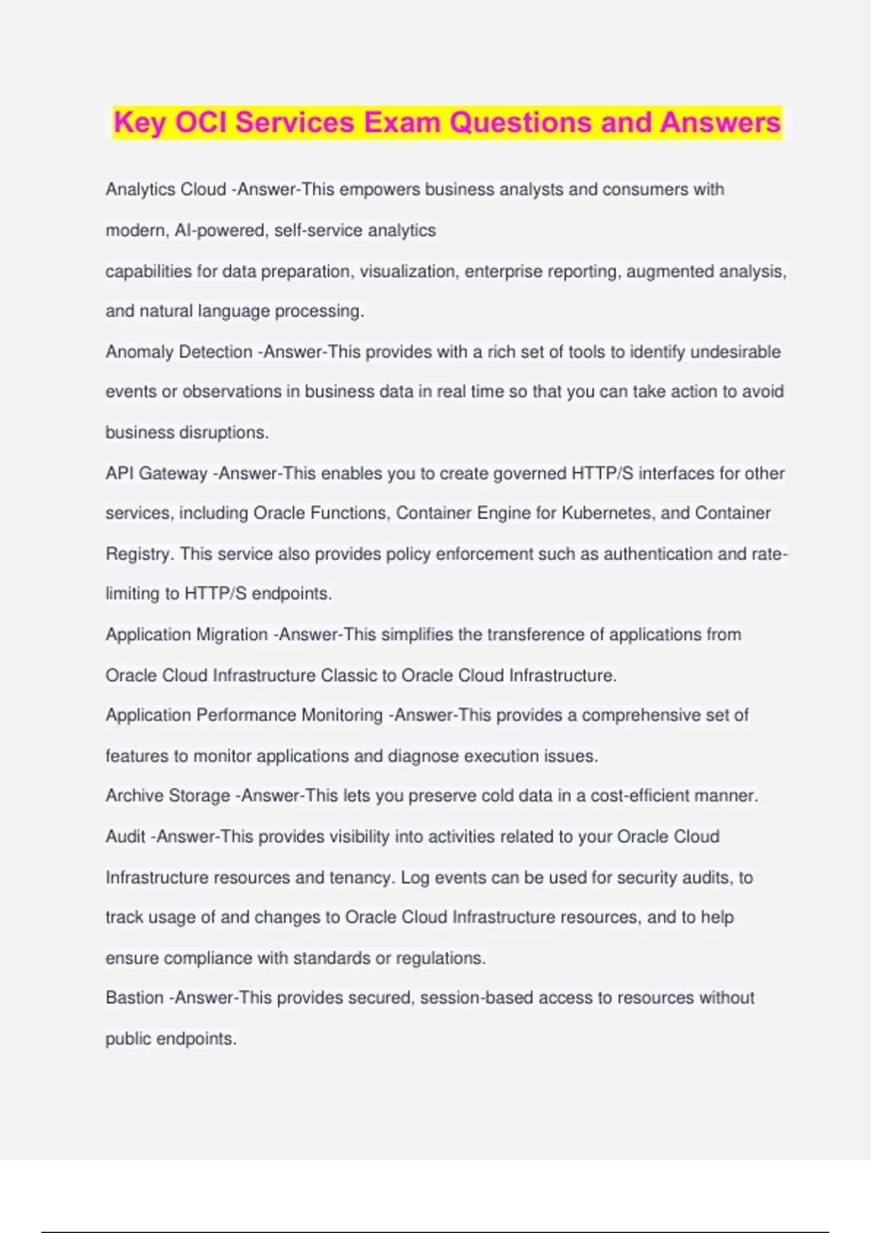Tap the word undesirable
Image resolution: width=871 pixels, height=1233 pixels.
click(735, 352)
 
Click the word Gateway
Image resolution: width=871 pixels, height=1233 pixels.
click(173, 474)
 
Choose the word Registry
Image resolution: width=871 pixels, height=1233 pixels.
click(139, 554)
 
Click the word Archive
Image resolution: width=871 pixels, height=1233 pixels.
click(136, 796)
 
